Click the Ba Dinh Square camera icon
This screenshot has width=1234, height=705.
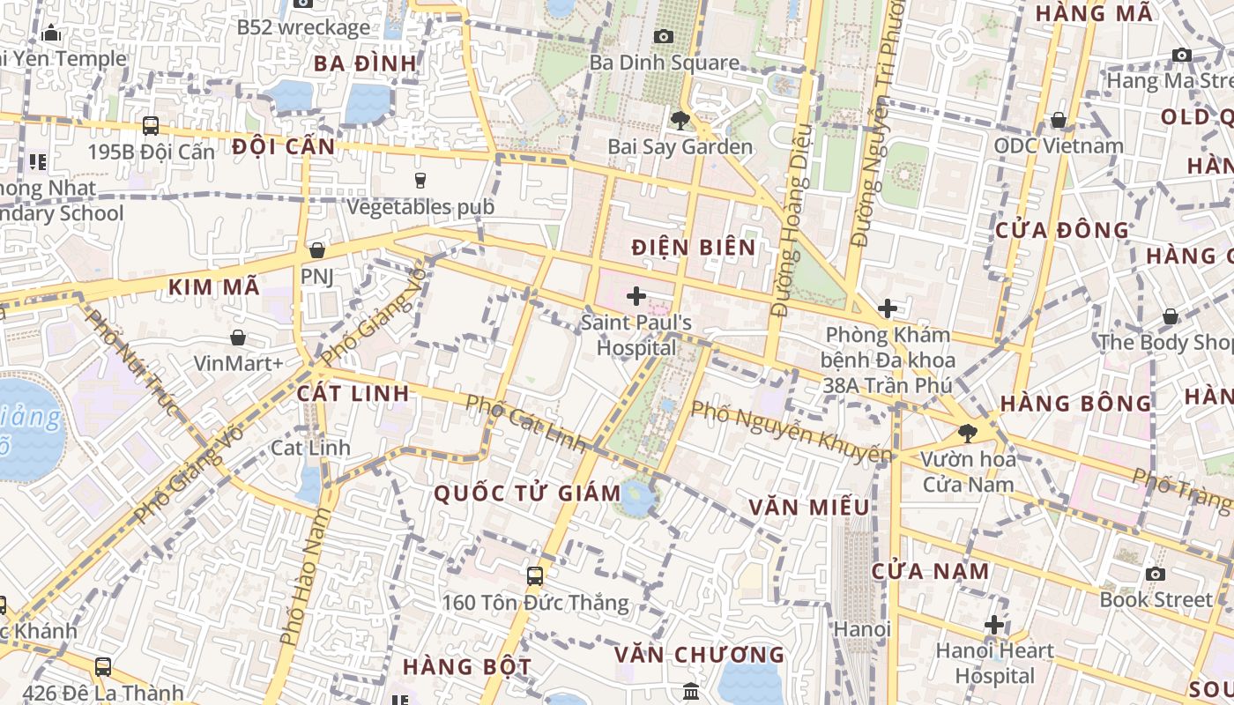pos(664,36)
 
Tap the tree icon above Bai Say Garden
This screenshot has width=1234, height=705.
pos(680,121)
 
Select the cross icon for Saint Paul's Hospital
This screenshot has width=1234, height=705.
pos(636,296)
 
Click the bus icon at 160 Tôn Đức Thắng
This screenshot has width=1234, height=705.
pos(535,576)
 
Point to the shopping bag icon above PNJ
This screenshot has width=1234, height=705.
pos(316,250)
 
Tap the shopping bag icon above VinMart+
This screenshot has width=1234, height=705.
pos(238,337)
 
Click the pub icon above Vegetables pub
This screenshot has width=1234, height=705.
pos(420,181)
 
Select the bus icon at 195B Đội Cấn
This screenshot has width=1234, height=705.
pos(151,125)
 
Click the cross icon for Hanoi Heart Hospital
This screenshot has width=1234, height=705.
pos(994,625)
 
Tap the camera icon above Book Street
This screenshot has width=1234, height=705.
pos(1156,574)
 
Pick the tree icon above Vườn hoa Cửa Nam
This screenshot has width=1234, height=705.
pos(968,433)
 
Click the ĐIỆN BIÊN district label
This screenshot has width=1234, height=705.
pos(694,248)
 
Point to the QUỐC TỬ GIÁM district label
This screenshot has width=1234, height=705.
pos(527,493)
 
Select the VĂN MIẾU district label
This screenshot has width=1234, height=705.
pos(808,508)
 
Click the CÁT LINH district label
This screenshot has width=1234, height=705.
pos(353,394)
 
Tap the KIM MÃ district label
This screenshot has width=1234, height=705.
pos(214,286)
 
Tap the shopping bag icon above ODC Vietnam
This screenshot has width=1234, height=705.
pos(1059,120)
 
